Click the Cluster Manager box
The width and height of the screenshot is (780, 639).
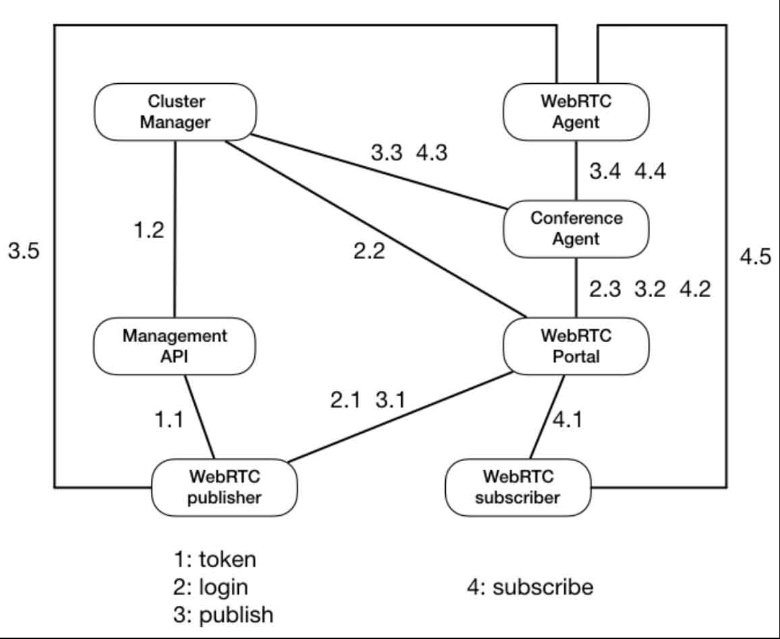[x=175, y=112]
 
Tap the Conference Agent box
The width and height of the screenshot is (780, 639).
[x=576, y=229]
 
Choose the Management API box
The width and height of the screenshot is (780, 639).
[x=175, y=346]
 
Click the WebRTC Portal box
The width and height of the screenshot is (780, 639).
[x=576, y=346]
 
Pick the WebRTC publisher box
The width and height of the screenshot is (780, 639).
[x=225, y=487]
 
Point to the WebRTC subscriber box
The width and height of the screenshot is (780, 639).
[x=518, y=487]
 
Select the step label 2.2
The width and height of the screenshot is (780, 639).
[x=369, y=252]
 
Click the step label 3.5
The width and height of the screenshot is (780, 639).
[x=24, y=252]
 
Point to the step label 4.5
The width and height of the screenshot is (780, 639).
[x=755, y=258]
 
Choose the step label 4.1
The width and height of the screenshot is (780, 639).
[x=567, y=420]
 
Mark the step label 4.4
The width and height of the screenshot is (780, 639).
[x=650, y=172]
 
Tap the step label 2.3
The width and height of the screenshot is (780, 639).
[x=604, y=289]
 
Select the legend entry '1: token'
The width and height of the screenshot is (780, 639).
[x=214, y=560]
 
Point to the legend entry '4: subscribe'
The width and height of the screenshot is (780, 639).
[x=530, y=586]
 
